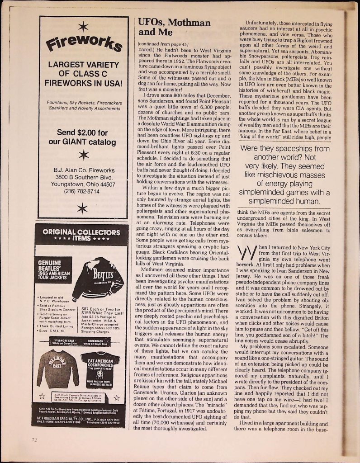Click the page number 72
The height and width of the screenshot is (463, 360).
pos(34,439)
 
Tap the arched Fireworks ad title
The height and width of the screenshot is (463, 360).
pos(84,44)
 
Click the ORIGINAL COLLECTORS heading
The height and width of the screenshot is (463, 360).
pos(84,232)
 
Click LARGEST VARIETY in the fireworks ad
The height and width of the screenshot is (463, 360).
pos(84,65)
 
